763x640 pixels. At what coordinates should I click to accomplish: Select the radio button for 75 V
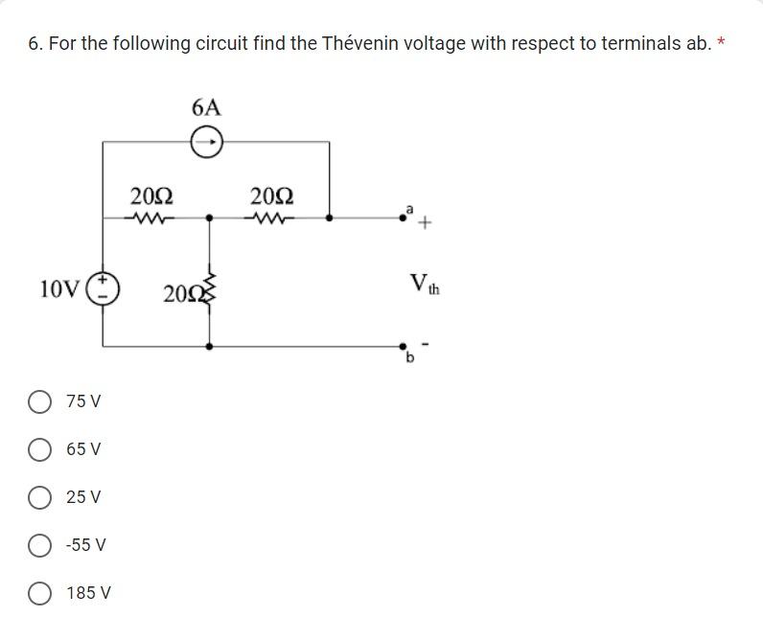tap(40, 401)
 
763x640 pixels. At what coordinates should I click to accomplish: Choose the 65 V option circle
tap(40, 449)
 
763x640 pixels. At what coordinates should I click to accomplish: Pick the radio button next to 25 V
tap(40, 497)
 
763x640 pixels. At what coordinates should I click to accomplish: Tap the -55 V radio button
tap(40, 545)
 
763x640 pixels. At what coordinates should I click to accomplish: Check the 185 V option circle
tap(40, 593)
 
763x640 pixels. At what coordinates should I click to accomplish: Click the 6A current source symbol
tap(207, 143)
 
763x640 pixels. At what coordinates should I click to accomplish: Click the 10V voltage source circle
tap(103, 287)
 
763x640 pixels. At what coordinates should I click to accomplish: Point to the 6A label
tap(206, 107)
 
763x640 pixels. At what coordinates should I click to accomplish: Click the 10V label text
tap(59, 288)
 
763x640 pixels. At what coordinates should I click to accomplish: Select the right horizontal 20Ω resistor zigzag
tap(270, 218)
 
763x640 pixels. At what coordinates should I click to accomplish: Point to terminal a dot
tap(404, 217)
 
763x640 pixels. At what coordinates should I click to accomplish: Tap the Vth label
tap(423, 284)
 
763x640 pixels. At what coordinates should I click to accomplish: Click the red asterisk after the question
tap(721, 42)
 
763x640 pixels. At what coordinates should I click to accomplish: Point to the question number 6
tap(35, 44)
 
